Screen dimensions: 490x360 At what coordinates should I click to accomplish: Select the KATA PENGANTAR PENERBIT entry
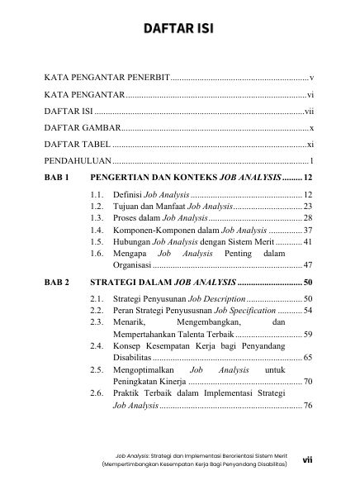(x=106, y=76)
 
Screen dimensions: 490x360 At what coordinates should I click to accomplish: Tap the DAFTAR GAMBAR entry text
(x=82, y=127)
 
